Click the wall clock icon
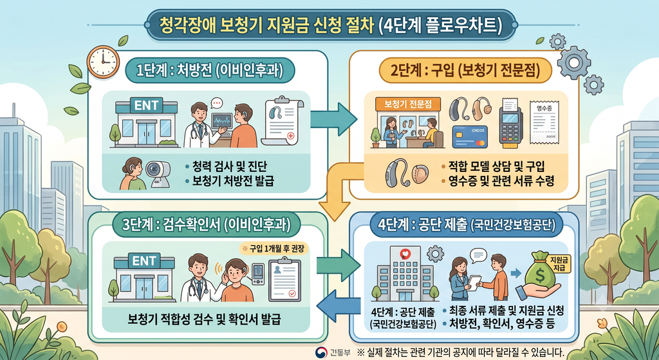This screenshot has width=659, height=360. coord(103,62)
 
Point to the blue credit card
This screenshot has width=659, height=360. coord(469,137)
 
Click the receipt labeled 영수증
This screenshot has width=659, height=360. coord(544,122)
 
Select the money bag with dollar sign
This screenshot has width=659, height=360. coord(540,270)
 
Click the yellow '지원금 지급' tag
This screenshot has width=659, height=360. coord(559,264)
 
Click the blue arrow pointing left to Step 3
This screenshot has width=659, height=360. coord(339,306)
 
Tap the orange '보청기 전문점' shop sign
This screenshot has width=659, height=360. coord(407,104)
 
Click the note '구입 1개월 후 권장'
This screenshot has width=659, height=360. coord(274,248)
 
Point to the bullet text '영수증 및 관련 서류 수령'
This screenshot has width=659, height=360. coord(497,181)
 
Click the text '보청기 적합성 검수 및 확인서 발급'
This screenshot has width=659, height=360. coord(204,319)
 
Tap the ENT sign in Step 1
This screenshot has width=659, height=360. coord(146,105)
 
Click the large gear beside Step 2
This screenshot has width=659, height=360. coord(573,63)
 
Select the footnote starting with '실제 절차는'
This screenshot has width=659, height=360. coord(460,352)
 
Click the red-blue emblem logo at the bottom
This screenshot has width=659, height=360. coord(321,352)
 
